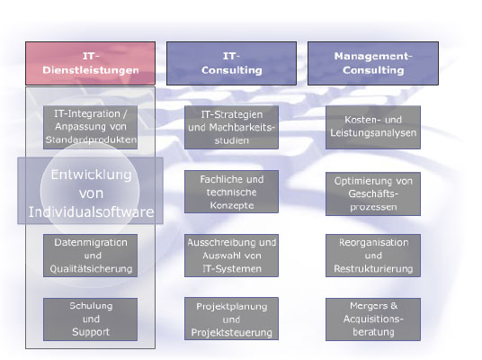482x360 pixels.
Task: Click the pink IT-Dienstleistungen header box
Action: pyautogui.click(x=90, y=63)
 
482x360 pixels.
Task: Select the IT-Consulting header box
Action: pyautogui.click(x=231, y=63)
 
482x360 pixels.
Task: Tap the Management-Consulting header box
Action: pyautogui.click(x=373, y=63)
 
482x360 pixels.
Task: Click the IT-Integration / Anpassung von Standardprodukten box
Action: pyautogui.click(x=90, y=127)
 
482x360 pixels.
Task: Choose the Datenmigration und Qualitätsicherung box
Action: pyautogui.click(x=90, y=256)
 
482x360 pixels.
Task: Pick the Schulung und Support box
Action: pyautogui.click(x=90, y=319)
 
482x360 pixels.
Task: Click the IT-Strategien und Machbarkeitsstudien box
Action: pyautogui.click(x=231, y=127)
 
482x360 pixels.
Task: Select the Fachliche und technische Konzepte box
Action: pyautogui.click(x=231, y=192)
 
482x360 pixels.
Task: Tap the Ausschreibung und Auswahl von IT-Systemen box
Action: pyautogui.click(x=231, y=256)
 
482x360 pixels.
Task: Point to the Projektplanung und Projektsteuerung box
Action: pyautogui.click(x=231, y=319)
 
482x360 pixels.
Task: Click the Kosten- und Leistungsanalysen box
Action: pyautogui.click(x=373, y=127)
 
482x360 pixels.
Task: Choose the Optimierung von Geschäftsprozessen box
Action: pyautogui.click(x=373, y=193)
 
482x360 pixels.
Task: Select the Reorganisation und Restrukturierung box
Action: pyautogui.click(x=373, y=256)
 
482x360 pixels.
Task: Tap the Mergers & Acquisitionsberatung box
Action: pyautogui.click(x=373, y=319)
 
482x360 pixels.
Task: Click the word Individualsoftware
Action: pyautogui.click(x=91, y=212)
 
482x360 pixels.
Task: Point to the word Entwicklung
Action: pyautogui.click(x=91, y=175)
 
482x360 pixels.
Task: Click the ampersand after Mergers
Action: pyautogui.click(x=394, y=305)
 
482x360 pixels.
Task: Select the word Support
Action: pyautogui.click(x=91, y=332)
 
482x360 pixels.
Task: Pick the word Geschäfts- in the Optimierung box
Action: pyautogui.click(x=373, y=193)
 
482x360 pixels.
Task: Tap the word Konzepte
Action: pyautogui.click(x=232, y=205)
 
